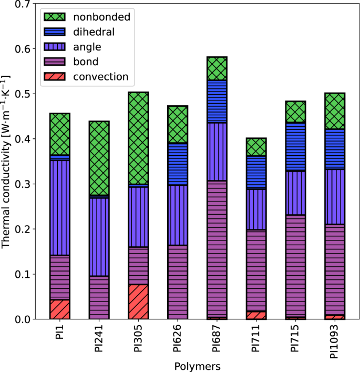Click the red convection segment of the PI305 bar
click(x=138, y=301)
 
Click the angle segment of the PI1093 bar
click(x=335, y=196)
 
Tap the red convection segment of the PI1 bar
click(x=59, y=309)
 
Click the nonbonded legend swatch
click(x=55, y=17)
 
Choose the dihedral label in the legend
click(x=95, y=32)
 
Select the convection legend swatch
click(x=55, y=77)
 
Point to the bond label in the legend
click(x=85, y=62)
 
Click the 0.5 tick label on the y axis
click(x=21, y=94)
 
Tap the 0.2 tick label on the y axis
click(x=21, y=229)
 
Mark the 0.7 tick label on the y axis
click(x=21, y=4)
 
